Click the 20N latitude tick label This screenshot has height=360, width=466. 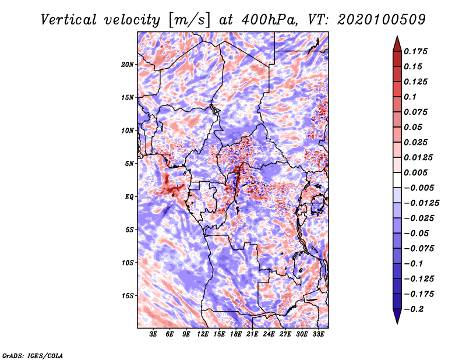(128, 65)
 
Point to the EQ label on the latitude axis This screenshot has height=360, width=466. (129, 197)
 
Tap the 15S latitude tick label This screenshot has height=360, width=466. (128, 296)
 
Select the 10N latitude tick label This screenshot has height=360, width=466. (128, 130)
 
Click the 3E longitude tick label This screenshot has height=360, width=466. (153, 334)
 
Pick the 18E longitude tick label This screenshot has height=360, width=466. (236, 334)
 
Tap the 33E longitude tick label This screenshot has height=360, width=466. (318, 334)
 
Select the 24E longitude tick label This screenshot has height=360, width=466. (269, 334)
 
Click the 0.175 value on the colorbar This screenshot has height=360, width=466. (415, 51)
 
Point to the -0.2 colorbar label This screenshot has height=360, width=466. (414, 309)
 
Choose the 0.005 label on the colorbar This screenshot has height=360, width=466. (415, 172)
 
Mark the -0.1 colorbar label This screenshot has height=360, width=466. (414, 264)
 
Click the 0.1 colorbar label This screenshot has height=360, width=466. (410, 97)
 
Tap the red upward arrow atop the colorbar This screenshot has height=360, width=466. (397, 44)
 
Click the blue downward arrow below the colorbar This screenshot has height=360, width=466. (397, 316)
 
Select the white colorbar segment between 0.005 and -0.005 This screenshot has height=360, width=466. (397, 180)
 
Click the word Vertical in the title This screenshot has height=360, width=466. (69, 20)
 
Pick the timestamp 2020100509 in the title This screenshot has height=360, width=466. (382, 20)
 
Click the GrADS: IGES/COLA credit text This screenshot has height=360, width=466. (33, 355)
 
